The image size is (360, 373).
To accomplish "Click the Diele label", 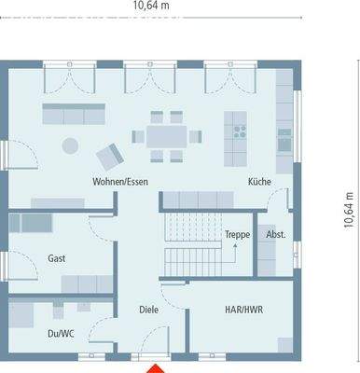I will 148,309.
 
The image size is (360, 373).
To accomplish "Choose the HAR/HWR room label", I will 243,309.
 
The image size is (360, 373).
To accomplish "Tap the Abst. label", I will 275,236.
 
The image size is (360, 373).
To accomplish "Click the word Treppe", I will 238,236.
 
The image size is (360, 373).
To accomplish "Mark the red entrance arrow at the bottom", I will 155,366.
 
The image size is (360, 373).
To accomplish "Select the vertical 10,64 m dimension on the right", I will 349,211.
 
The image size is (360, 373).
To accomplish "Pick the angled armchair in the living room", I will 111,151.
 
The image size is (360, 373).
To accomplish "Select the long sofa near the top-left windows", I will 75,114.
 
